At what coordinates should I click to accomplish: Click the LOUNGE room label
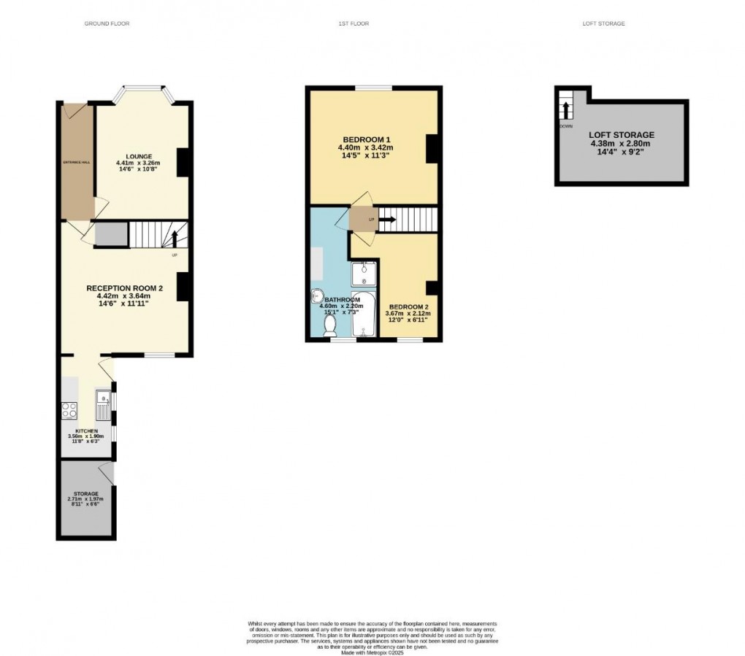(138, 156)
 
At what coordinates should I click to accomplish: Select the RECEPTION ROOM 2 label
(124, 288)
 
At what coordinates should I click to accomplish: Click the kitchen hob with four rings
(70, 410)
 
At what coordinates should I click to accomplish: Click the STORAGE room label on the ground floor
(85, 494)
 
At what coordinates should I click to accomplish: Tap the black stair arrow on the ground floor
(175, 237)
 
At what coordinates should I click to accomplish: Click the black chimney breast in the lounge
(183, 162)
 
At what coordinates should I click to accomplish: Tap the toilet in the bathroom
(330, 323)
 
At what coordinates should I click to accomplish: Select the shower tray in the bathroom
(363, 274)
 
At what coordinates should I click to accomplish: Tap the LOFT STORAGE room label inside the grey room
(622, 135)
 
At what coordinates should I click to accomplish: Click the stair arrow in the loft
(565, 109)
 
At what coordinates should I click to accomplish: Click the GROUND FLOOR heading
(107, 24)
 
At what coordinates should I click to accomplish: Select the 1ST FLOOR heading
(354, 24)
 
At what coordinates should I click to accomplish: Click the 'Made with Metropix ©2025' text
(372, 643)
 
